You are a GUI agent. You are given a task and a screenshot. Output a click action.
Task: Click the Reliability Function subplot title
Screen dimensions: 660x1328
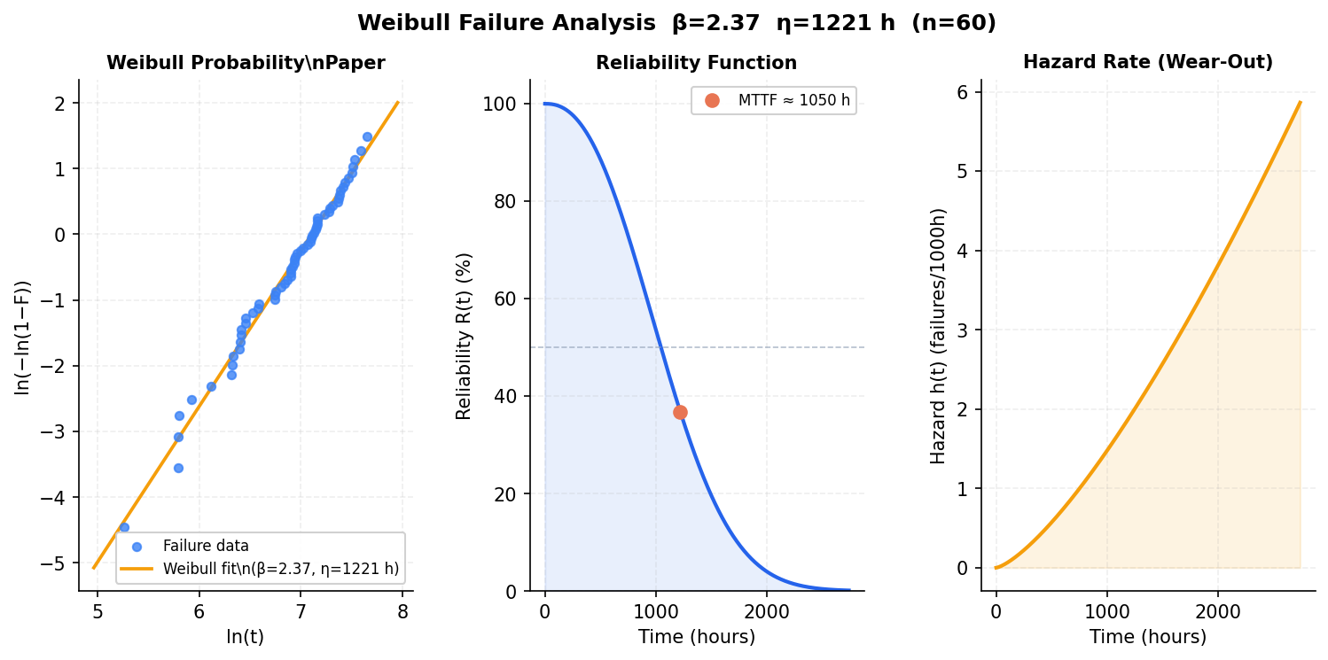pos(696,63)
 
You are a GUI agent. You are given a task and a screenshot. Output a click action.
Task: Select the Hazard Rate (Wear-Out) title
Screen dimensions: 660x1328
pos(1147,62)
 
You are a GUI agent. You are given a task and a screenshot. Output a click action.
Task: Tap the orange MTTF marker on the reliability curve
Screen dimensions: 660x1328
pos(680,412)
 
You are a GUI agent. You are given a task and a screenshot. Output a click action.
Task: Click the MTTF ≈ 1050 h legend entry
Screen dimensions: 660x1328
pos(793,100)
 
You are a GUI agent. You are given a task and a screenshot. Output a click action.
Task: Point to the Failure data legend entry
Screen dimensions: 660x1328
pos(206,547)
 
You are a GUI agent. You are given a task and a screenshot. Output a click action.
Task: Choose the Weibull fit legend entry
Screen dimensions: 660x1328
pos(280,569)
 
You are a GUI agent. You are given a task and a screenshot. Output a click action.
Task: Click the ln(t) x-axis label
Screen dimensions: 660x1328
pos(246,636)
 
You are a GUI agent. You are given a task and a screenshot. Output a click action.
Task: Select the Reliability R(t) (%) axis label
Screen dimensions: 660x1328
pos(464,336)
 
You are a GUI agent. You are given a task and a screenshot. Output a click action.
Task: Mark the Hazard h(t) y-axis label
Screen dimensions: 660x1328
pos(938,336)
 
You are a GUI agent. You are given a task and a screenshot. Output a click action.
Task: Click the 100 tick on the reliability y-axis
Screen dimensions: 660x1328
pos(506,105)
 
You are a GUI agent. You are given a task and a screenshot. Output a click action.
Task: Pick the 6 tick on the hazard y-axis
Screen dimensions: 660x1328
pos(963,92)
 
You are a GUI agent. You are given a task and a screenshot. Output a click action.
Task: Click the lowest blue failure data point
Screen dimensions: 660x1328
pos(124,527)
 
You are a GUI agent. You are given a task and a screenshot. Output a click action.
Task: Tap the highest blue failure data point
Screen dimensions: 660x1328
pos(367,136)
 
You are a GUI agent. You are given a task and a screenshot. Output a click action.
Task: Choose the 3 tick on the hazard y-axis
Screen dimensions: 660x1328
pos(963,330)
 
